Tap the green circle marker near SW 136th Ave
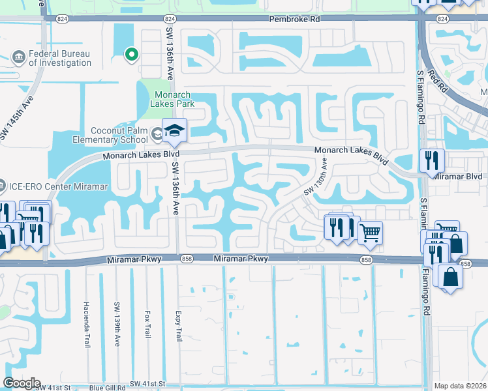point(131,55)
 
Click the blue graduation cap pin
point(174,132)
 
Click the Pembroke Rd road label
point(297,20)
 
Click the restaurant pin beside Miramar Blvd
point(431,160)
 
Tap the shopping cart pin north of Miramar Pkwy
point(370,233)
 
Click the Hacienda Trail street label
point(86,324)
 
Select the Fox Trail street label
point(148,324)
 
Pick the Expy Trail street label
point(178,325)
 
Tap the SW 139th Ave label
point(117,324)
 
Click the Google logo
point(22,383)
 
